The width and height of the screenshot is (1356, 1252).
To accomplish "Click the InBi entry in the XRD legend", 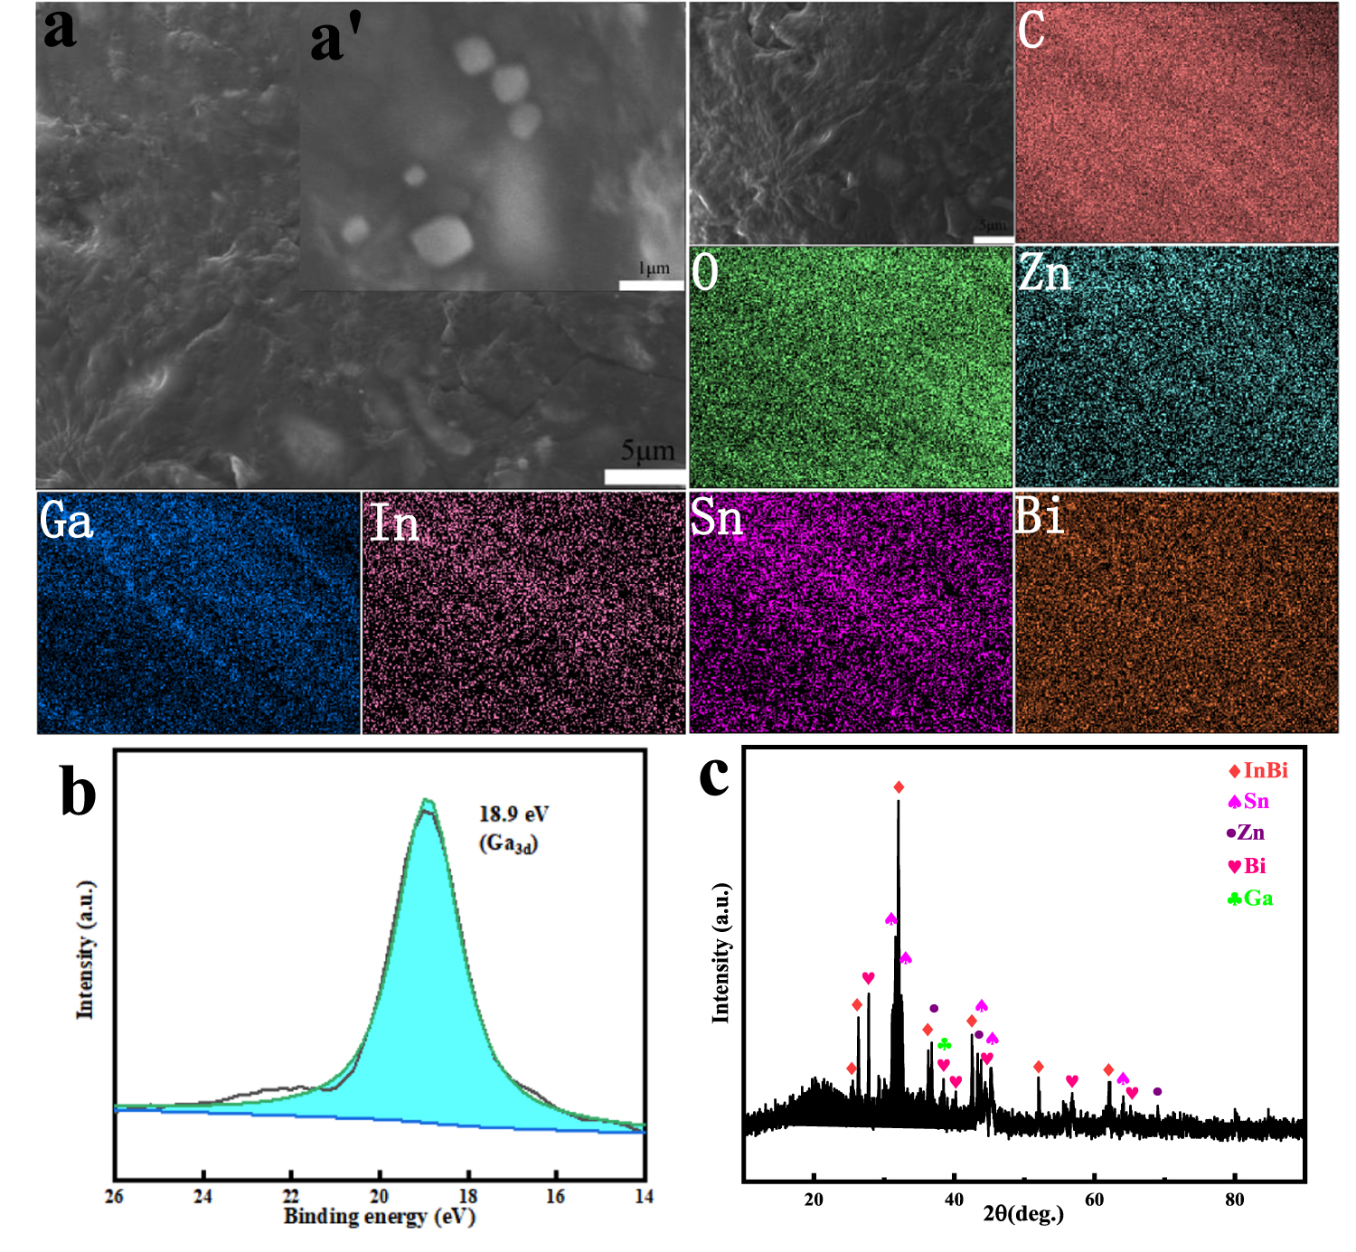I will pyautogui.click(x=1258, y=771).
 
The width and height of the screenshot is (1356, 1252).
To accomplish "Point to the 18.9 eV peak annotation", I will pyautogui.click(x=513, y=814).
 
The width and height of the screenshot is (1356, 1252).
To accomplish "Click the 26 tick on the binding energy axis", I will pyautogui.click(x=114, y=1197).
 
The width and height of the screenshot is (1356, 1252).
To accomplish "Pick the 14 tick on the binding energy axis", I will pyautogui.click(x=644, y=1197).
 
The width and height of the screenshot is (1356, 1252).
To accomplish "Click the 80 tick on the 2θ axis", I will pyautogui.click(x=1234, y=1200).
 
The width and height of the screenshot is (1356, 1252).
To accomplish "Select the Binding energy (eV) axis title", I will pyautogui.click(x=379, y=1217).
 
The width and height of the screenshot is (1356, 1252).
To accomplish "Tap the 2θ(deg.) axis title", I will pyautogui.click(x=1023, y=1213).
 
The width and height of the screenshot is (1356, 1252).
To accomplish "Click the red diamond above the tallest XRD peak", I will pyautogui.click(x=899, y=787).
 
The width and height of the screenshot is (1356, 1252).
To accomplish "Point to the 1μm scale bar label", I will pyautogui.click(x=654, y=268).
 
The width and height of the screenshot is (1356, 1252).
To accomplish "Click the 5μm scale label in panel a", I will pyautogui.click(x=647, y=450).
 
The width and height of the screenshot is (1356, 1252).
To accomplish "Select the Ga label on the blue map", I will pyautogui.click(x=66, y=521).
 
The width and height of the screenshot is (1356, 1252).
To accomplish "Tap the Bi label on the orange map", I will pyautogui.click(x=1040, y=516).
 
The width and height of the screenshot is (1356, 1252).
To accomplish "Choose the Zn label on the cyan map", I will pyautogui.click(x=1044, y=272).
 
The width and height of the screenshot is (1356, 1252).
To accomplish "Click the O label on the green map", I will pyautogui.click(x=705, y=271).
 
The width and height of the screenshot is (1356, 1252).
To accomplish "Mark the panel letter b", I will pyautogui.click(x=78, y=791).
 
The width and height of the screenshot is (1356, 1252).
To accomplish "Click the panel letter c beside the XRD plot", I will pyautogui.click(x=714, y=776).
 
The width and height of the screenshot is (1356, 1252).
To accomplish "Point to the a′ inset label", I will pyautogui.click(x=336, y=41).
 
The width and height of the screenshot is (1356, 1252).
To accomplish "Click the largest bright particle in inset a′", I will pyautogui.click(x=441, y=240).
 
